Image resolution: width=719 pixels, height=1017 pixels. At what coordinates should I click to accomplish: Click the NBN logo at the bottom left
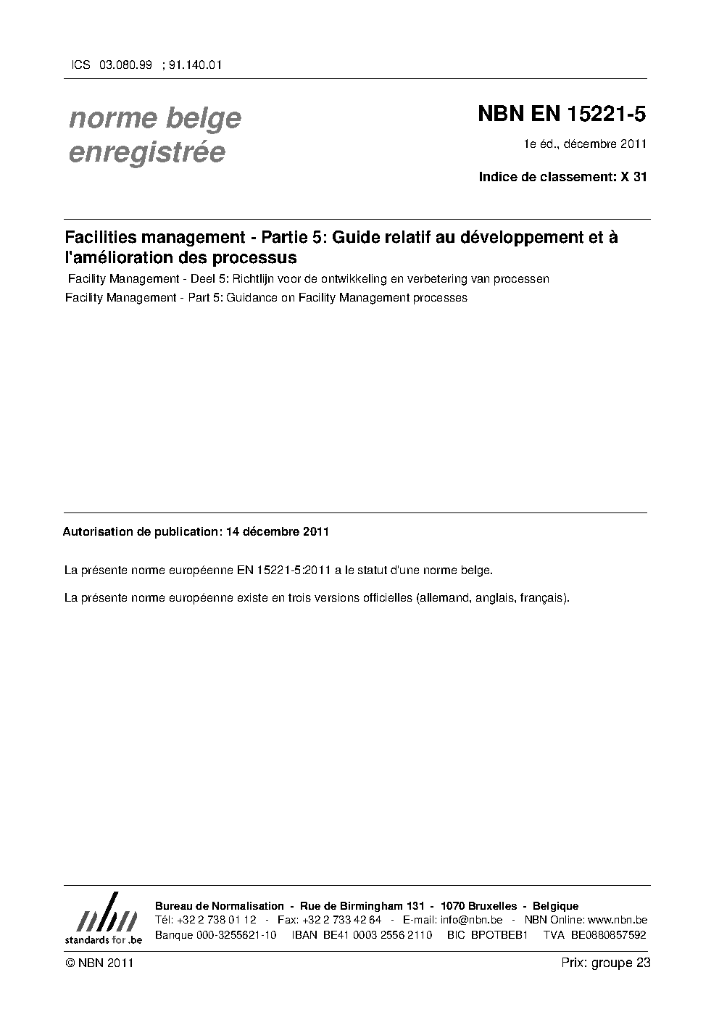pyautogui.click(x=103, y=919)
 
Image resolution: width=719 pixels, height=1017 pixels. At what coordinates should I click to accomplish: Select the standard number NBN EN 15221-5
pyautogui.click(x=562, y=115)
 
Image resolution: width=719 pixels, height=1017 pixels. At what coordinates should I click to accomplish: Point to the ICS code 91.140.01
pyautogui.click(x=195, y=65)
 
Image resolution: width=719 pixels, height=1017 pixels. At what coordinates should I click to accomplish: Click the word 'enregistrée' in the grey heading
pyautogui.click(x=146, y=153)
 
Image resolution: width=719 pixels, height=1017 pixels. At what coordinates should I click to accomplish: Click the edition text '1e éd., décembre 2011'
pyautogui.click(x=585, y=144)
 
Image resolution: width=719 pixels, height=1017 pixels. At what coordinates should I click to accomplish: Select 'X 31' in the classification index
pyautogui.click(x=633, y=176)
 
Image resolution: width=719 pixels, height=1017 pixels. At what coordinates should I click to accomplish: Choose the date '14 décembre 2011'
pyautogui.click(x=278, y=531)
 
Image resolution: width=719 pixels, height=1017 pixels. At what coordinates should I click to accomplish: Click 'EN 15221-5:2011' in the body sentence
pyautogui.click(x=284, y=570)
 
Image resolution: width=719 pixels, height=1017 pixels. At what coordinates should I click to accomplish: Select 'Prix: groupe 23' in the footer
pyautogui.click(x=605, y=963)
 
